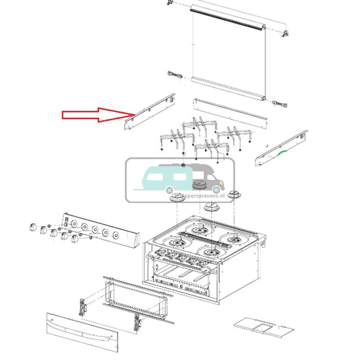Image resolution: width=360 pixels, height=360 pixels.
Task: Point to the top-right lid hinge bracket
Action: [x=285, y=33]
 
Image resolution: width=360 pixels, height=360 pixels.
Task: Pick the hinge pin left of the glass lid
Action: [x=174, y=75]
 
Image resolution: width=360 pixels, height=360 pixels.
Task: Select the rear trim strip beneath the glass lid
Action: [x=230, y=113]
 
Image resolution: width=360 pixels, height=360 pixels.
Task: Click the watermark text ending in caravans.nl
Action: [x=200, y=195]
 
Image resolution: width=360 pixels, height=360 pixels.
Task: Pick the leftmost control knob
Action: [x=32, y=228]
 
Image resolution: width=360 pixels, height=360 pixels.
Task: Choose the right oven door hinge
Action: [x=136, y=321]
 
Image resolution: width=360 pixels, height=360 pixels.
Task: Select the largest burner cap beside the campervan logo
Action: [x=200, y=185]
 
